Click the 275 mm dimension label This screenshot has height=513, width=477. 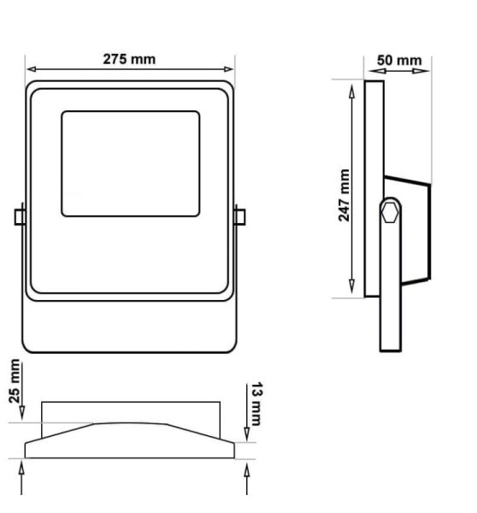click(129, 59)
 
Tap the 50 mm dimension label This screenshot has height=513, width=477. click(399, 61)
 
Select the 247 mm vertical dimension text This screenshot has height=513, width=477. click(344, 195)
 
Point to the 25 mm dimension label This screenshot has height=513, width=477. click(15, 380)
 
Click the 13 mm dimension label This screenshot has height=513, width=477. click(256, 404)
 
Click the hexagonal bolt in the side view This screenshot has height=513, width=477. click(390, 213)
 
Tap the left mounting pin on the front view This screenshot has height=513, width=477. click(20, 217)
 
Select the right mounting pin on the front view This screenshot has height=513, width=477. click(240, 217)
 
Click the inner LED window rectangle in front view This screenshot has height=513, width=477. click(131, 163)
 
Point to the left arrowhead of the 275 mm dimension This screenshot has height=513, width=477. click(31, 69)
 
